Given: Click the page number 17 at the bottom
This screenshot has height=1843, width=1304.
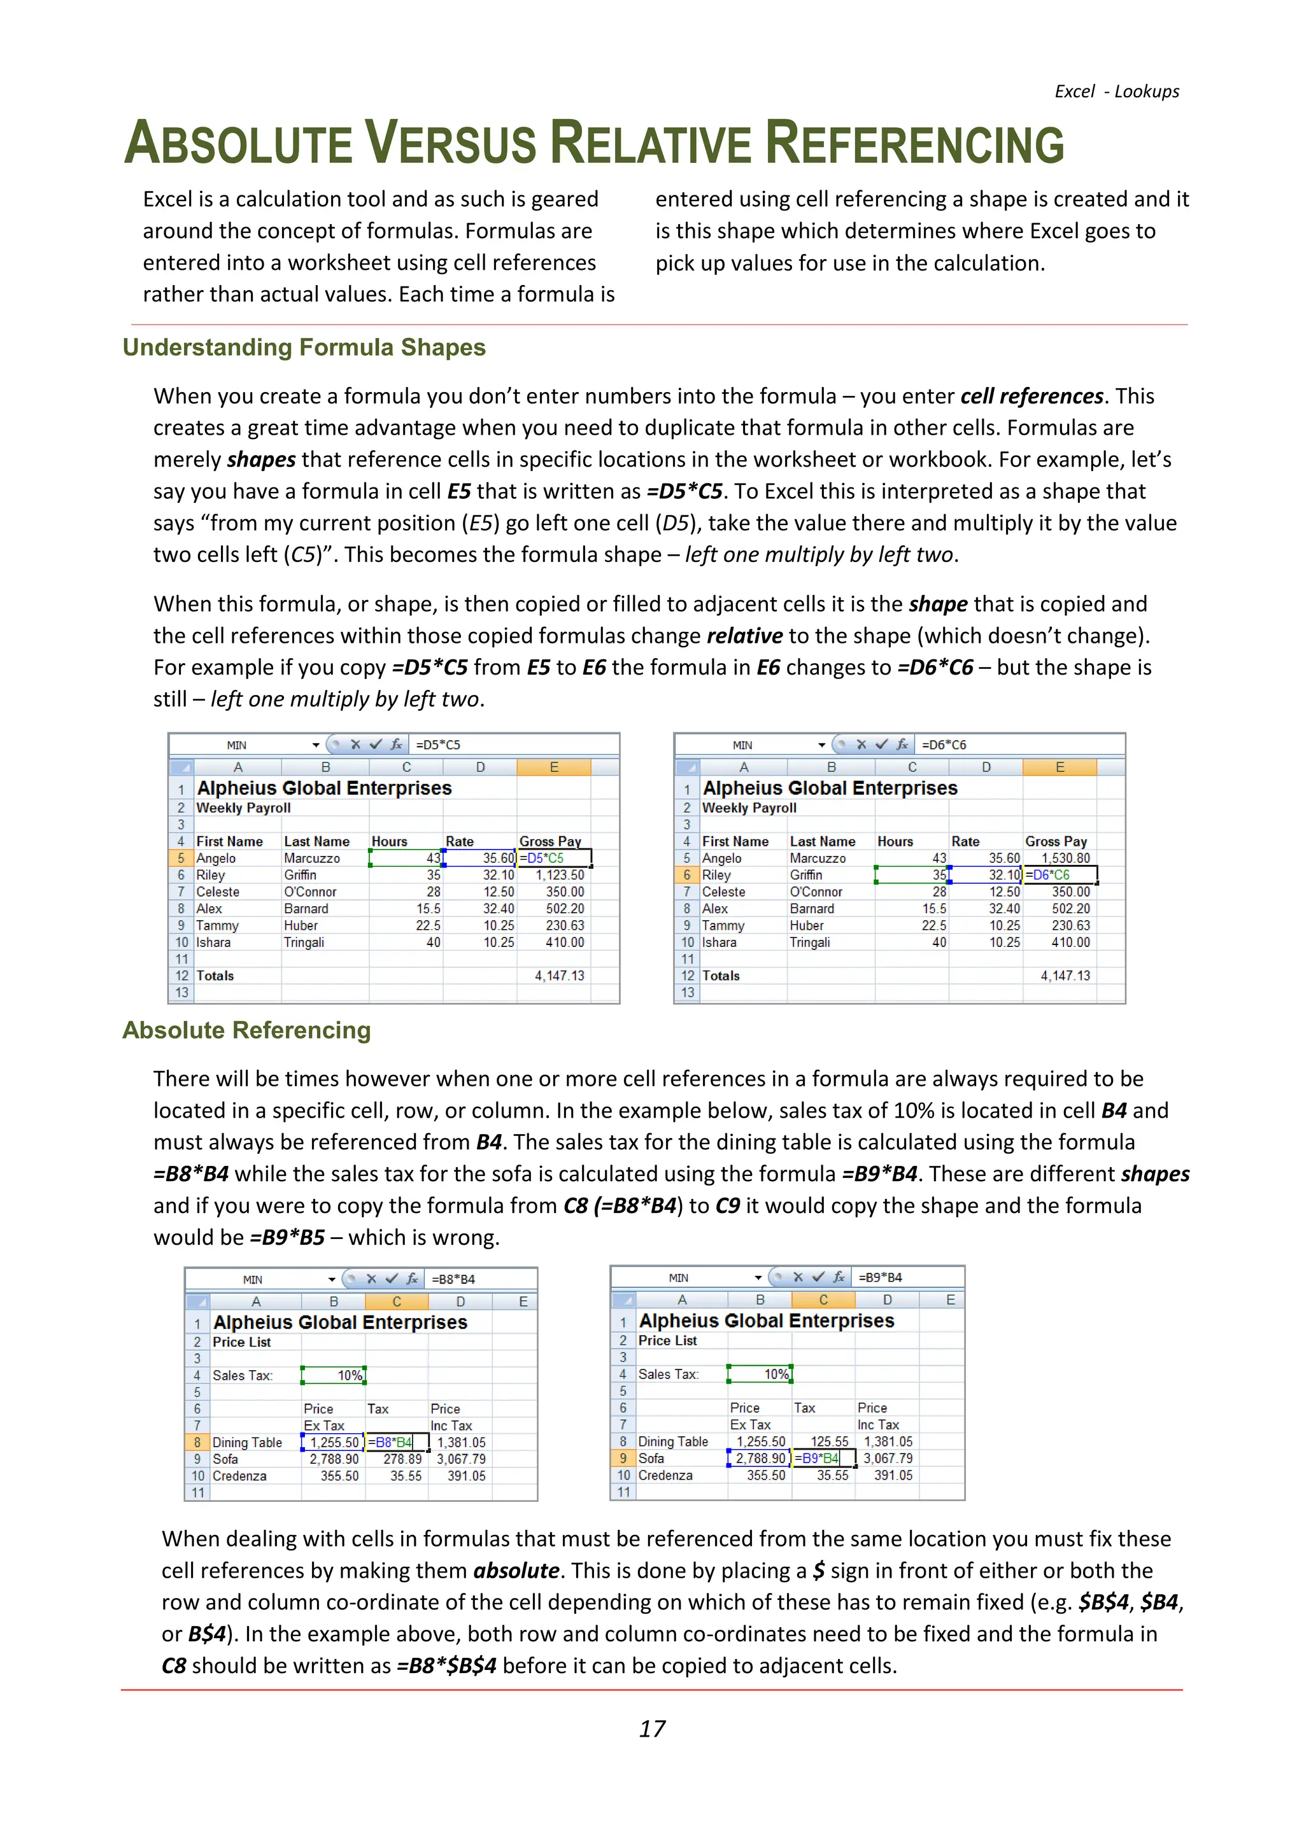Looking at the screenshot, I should coord(652,1728).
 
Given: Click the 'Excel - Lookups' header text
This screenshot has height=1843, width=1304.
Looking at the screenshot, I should coord(1116,92).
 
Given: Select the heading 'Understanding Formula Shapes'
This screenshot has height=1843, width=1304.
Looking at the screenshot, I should coord(304,347).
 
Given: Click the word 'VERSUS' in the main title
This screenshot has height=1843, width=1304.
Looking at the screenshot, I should coord(451,144).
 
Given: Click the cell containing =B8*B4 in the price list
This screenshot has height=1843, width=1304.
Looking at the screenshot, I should coord(393,1443).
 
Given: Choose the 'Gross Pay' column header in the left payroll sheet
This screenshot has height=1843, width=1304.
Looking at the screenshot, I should coord(550,841).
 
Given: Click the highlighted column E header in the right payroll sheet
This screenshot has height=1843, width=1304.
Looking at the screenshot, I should coord(1059,767).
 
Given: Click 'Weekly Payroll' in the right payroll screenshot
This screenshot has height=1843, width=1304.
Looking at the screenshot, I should coord(749,808).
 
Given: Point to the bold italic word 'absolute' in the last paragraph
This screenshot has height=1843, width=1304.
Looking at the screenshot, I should coord(516,1571).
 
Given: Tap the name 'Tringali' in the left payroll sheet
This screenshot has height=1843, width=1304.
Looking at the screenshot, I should coord(304,943).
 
